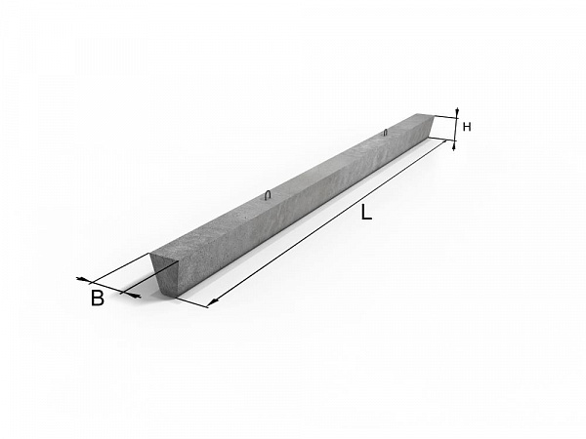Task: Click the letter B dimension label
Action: click(x=97, y=298)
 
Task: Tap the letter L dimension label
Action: click(x=366, y=212)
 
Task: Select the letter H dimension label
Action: click(x=467, y=127)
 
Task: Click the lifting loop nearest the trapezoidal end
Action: click(x=268, y=196)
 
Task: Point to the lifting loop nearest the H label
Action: click(x=386, y=132)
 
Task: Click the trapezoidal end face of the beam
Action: click(x=165, y=273)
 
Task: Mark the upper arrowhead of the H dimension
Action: click(x=457, y=112)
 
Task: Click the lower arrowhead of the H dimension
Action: click(x=454, y=145)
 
